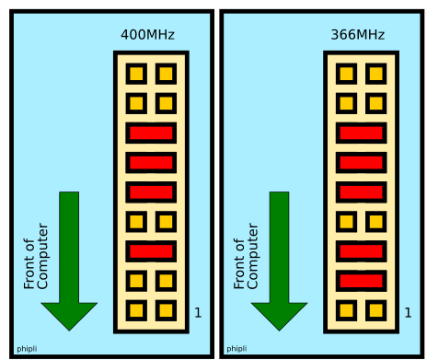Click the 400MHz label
pyautogui.click(x=147, y=35)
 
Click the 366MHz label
pyautogui.click(x=358, y=35)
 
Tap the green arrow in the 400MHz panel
pyautogui.click(x=69, y=261)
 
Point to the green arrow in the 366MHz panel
pyautogui.click(x=279, y=261)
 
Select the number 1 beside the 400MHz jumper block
pyautogui.click(x=198, y=312)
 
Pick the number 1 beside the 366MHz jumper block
pyautogui.click(x=408, y=312)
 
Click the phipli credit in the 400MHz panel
pyautogui.click(x=27, y=349)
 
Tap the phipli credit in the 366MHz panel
pyautogui.click(x=237, y=349)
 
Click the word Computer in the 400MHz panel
pyautogui.click(x=42, y=256)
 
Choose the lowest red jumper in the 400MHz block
pyautogui.click(x=151, y=251)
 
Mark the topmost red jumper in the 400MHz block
pyautogui.click(x=151, y=133)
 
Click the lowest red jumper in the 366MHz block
pyautogui.click(x=361, y=281)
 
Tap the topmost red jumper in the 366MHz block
pyautogui.click(x=361, y=133)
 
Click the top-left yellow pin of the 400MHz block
pyautogui.click(x=136, y=74)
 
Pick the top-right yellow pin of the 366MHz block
pyautogui.click(x=376, y=74)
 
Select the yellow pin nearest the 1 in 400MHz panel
pyautogui.click(x=166, y=310)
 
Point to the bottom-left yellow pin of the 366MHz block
pyautogui.click(x=346, y=310)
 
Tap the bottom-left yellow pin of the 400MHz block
pyautogui.click(x=136, y=310)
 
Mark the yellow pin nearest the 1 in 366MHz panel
pyautogui.click(x=376, y=310)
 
